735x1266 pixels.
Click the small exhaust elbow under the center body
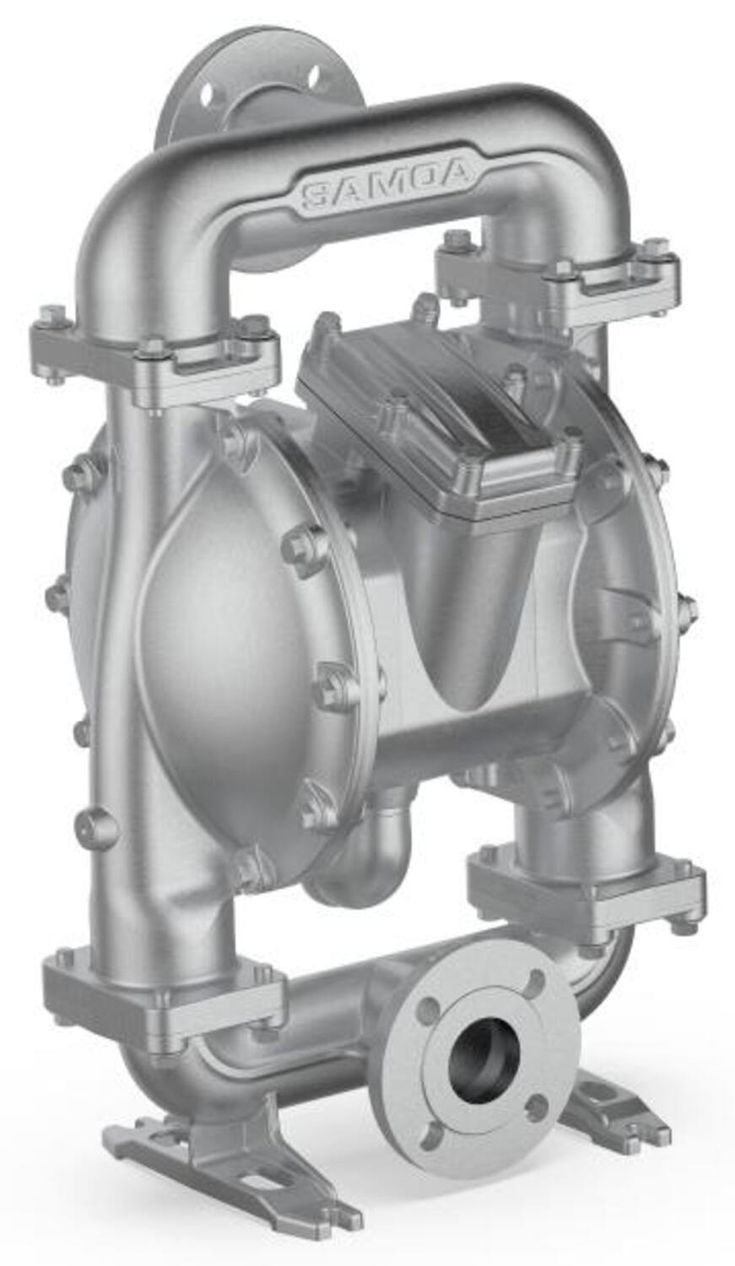click(x=371, y=852)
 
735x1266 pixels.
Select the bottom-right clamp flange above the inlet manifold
click(x=586, y=890)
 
